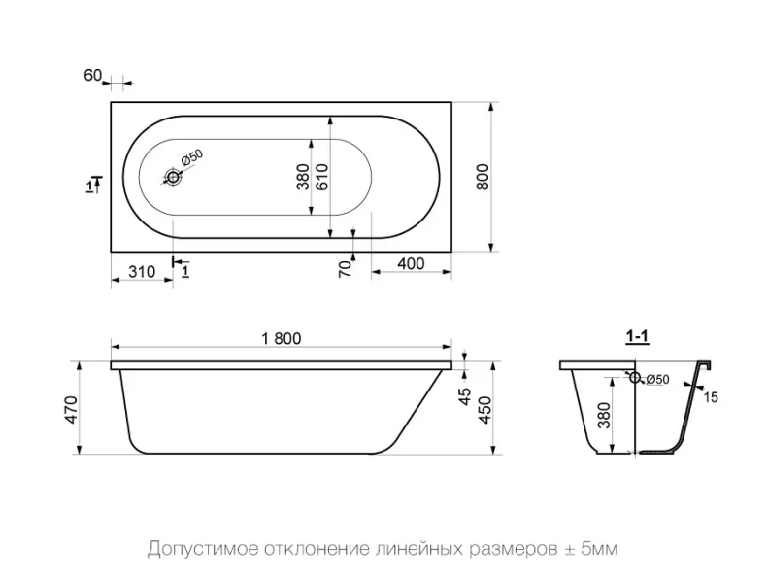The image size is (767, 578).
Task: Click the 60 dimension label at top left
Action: click(92, 76)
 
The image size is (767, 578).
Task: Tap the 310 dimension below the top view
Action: click(143, 272)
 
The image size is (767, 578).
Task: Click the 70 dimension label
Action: click(345, 269)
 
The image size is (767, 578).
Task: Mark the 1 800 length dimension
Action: click(282, 338)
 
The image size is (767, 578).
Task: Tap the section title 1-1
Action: click(637, 337)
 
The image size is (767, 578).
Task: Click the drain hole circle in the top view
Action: click(174, 177)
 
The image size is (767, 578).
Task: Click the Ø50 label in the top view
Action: click(191, 159)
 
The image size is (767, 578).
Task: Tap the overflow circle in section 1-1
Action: click(635, 378)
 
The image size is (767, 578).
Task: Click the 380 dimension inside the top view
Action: click(303, 176)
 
